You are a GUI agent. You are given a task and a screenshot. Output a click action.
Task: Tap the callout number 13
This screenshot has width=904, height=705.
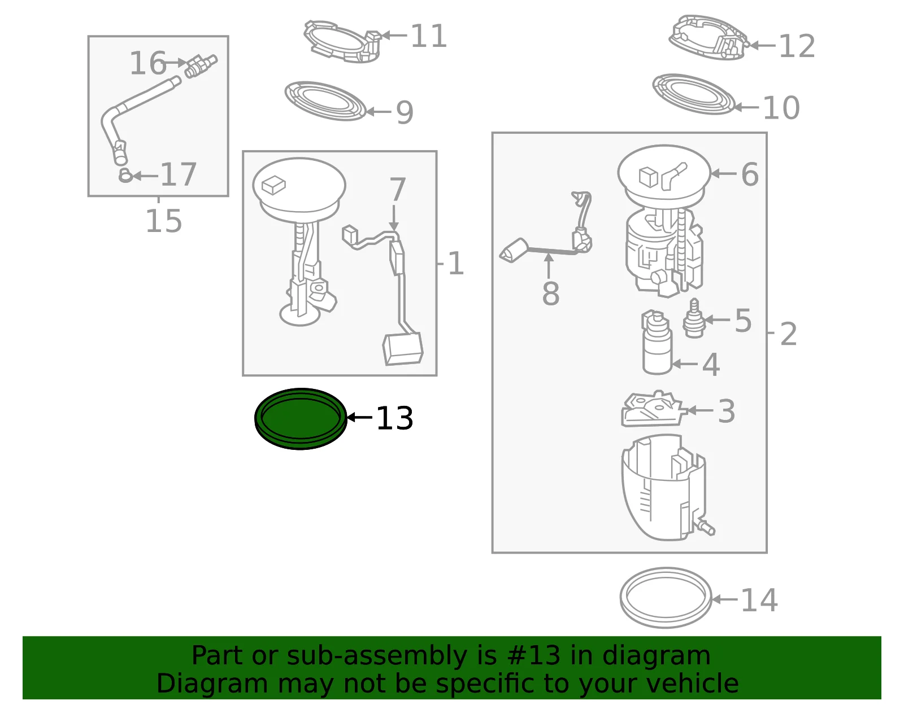tap(394, 418)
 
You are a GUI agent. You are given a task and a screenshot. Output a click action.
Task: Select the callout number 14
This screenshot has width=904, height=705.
tap(759, 600)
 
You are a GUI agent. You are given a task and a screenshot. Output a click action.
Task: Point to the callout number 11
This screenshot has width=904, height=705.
tap(428, 36)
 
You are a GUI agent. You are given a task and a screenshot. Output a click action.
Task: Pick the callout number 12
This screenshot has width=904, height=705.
tap(796, 46)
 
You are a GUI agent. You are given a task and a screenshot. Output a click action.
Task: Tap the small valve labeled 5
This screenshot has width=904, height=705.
tap(694, 319)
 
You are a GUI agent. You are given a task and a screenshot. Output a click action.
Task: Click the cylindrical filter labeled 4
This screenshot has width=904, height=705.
tap(657, 342)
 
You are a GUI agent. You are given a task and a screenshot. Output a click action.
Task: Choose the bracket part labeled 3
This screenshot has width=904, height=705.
tap(653, 410)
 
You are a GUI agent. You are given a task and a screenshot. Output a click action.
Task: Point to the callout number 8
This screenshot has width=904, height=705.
tap(550, 294)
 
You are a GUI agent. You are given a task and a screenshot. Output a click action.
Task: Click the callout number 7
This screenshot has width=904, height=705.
tap(397, 190)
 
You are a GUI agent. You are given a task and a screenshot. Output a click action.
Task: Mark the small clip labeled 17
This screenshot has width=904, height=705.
tap(125, 176)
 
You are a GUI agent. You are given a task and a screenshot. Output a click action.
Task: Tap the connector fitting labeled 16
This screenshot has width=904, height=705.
tap(201, 66)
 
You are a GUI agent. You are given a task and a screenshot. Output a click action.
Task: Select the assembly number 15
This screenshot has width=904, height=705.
tap(163, 221)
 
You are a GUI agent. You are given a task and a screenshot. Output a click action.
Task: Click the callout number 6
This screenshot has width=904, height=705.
tap(750, 174)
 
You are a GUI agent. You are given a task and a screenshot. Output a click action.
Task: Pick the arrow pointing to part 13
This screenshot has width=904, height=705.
tap(359, 417)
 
